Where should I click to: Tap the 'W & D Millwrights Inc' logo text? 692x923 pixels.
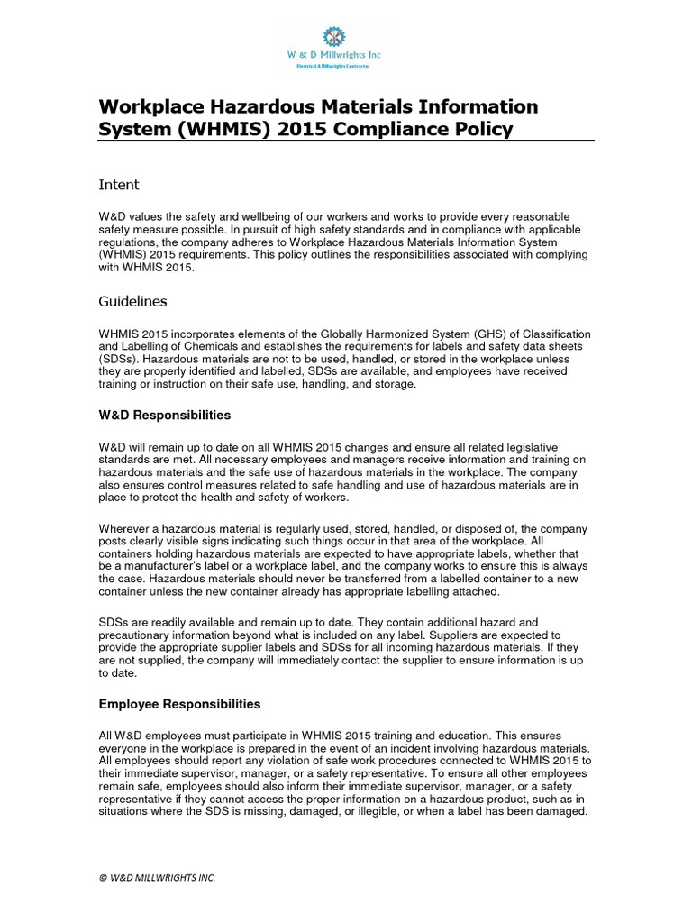point(334,56)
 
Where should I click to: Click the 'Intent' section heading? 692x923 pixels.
point(118,185)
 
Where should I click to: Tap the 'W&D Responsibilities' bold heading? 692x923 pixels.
point(164,416)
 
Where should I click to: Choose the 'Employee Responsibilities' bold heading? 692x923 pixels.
point(179,704)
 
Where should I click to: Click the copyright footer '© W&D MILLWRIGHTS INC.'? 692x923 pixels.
point(157,877)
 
